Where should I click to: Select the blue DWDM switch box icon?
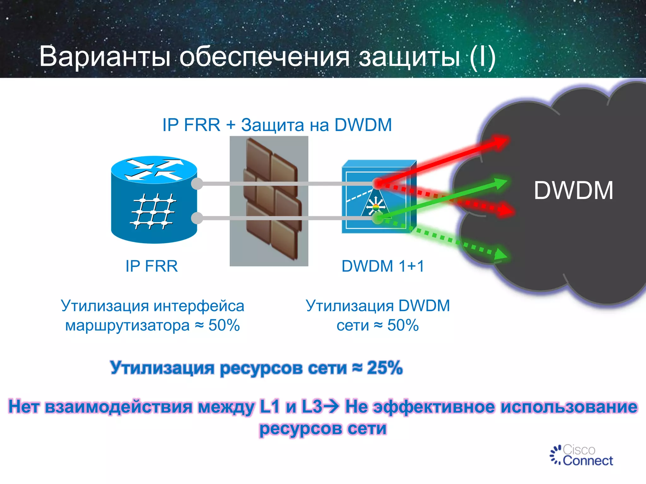pos(379,197)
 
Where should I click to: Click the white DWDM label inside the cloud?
pos(573,191)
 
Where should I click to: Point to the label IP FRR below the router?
pos(151,266)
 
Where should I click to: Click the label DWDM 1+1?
pos(383,266)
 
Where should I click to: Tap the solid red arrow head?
pos(502,141)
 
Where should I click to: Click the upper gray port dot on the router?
pos(197,184)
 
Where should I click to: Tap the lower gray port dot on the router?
pos(197,218)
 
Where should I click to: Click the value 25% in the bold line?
pos(385,368)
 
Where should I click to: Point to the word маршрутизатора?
pos(127,326)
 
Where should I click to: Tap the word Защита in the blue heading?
pos(272,125)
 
